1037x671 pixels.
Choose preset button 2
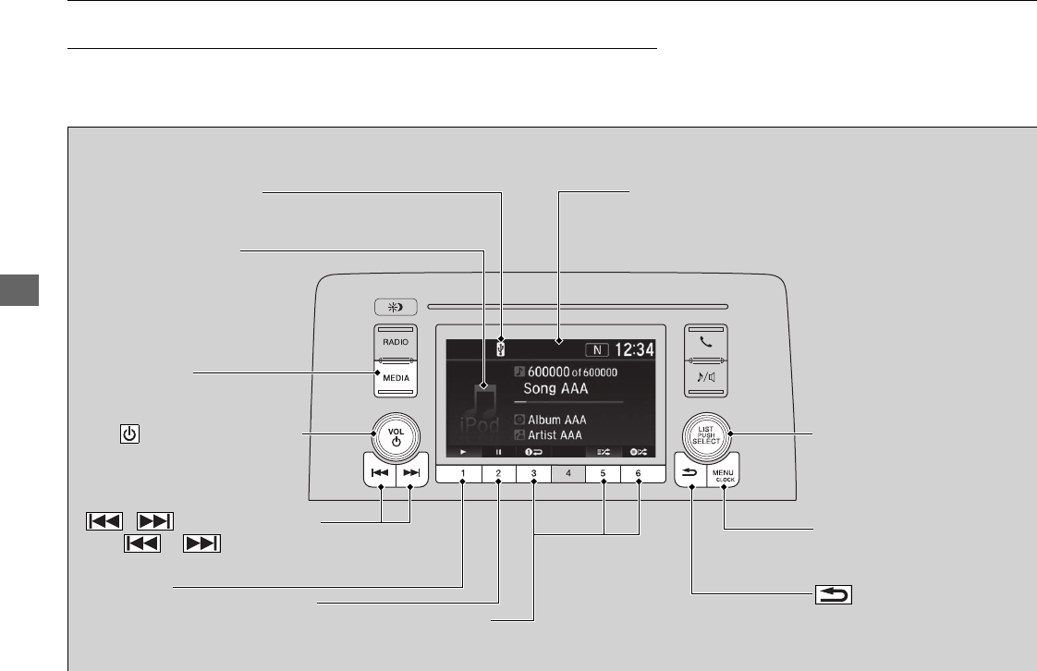[x=498, y=474]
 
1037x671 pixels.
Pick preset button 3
[x=533, y=474]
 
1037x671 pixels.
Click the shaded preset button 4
[x=568, y=474]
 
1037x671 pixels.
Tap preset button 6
[x=638, y=474]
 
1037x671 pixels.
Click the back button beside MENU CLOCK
[x=691, y=472]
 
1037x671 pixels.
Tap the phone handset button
[x=707, y=340]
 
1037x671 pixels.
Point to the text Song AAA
[x=555, y=389]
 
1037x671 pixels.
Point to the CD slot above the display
[x=573, y=305]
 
